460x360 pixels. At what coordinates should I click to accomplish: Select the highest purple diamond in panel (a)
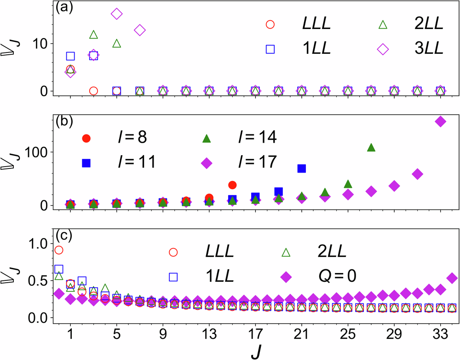pyautogui.click(x=116, y=14)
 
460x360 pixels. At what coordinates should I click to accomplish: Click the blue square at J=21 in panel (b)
pyautogui.click(x=302, y=168)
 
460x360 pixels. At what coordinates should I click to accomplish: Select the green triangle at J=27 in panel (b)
pyautogui.click(x=371, y=147)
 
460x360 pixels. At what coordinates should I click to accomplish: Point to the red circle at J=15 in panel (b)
pyautogui.click(x=232, y=185)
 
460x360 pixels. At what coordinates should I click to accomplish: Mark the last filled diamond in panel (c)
pyautogui.click(x=452, y=278)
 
